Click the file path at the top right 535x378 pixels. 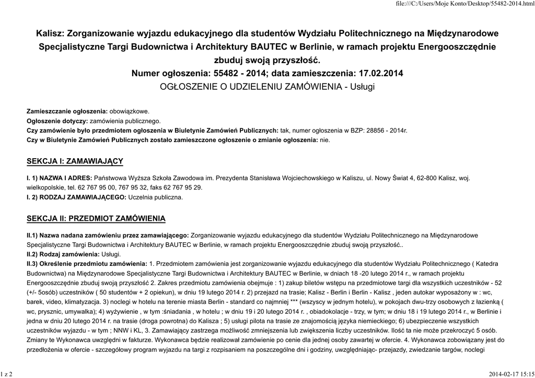[465, 4]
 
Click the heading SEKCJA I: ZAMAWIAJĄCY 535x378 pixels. [75, 161]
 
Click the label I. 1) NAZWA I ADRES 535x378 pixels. [59, 179]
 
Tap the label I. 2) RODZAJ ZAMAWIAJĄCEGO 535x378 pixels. [76, 197]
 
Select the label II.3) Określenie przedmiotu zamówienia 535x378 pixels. [87, 264]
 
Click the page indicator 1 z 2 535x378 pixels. [7, 374]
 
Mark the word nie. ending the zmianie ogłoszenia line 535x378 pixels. [325, 140]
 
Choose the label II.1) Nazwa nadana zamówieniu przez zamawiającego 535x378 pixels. [108, 235]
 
